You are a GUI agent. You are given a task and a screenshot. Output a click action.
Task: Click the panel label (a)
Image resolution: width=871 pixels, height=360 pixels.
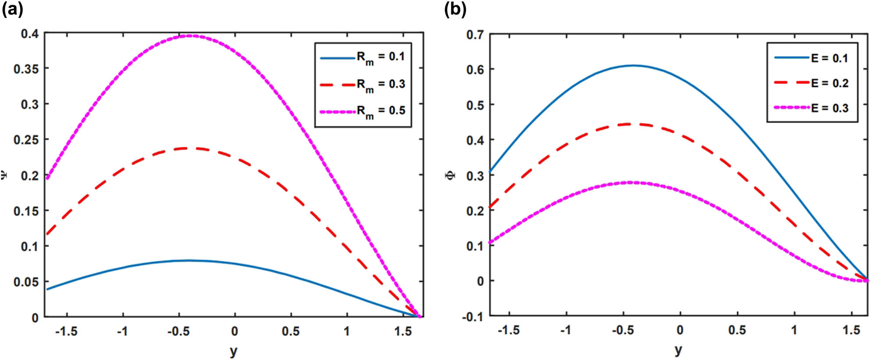tap(13, 9)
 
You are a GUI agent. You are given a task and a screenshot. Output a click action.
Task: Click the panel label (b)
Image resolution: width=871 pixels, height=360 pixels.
tap(455, 9)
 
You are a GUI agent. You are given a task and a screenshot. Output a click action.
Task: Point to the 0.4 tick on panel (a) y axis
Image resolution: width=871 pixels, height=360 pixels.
tap(29, 34)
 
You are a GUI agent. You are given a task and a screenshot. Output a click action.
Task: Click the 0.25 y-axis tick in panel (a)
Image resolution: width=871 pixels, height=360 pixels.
tap(26, 140)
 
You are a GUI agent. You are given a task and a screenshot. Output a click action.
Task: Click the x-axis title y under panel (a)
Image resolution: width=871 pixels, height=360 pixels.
tap(234, 351)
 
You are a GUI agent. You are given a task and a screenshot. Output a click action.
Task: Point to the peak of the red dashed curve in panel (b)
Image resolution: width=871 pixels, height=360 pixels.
tap(630, 124)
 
